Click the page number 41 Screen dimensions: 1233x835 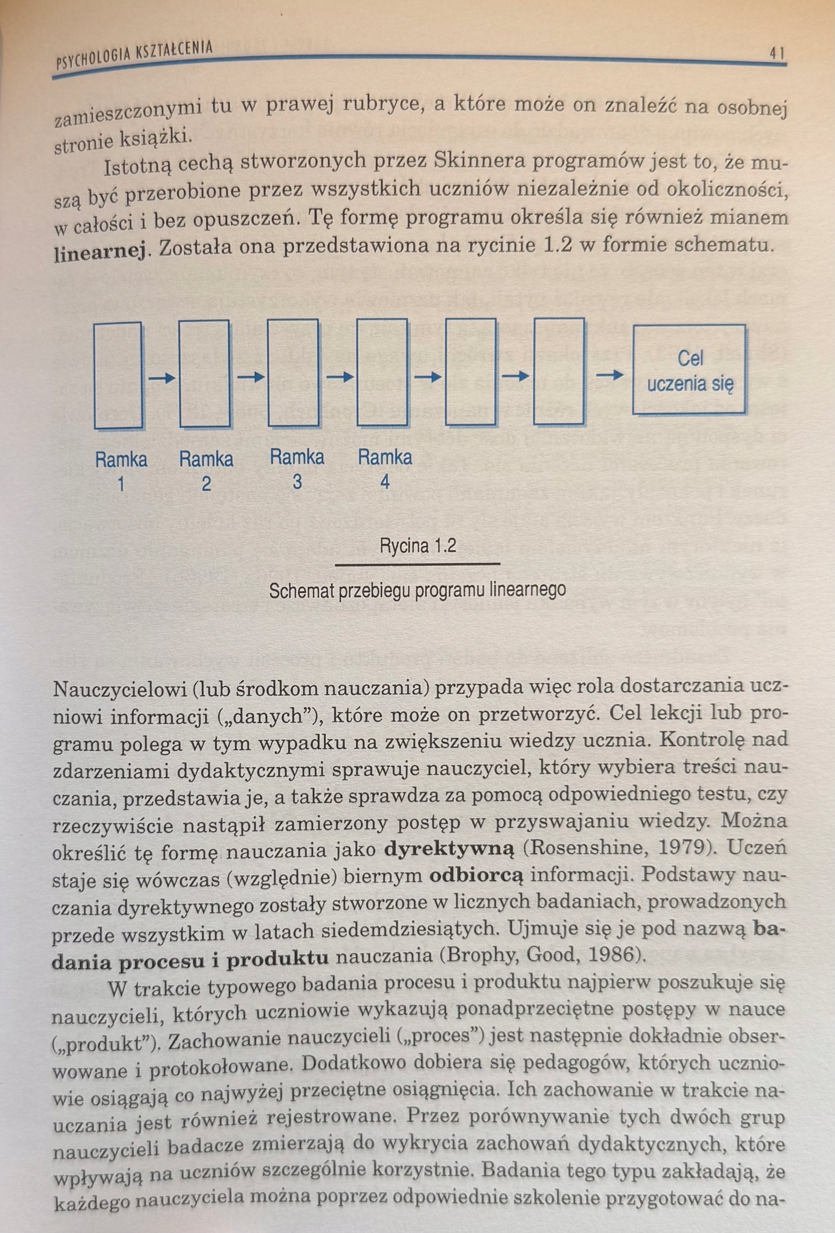point(775,54)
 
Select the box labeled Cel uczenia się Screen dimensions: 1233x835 point(689,370)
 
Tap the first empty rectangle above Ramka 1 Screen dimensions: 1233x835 point(118,375)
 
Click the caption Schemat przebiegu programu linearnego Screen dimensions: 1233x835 point(417,590)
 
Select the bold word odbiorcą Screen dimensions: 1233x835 point(476,876)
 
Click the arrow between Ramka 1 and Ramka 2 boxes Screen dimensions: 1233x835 point(161,379)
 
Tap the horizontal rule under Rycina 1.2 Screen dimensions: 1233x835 point(417,564)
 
